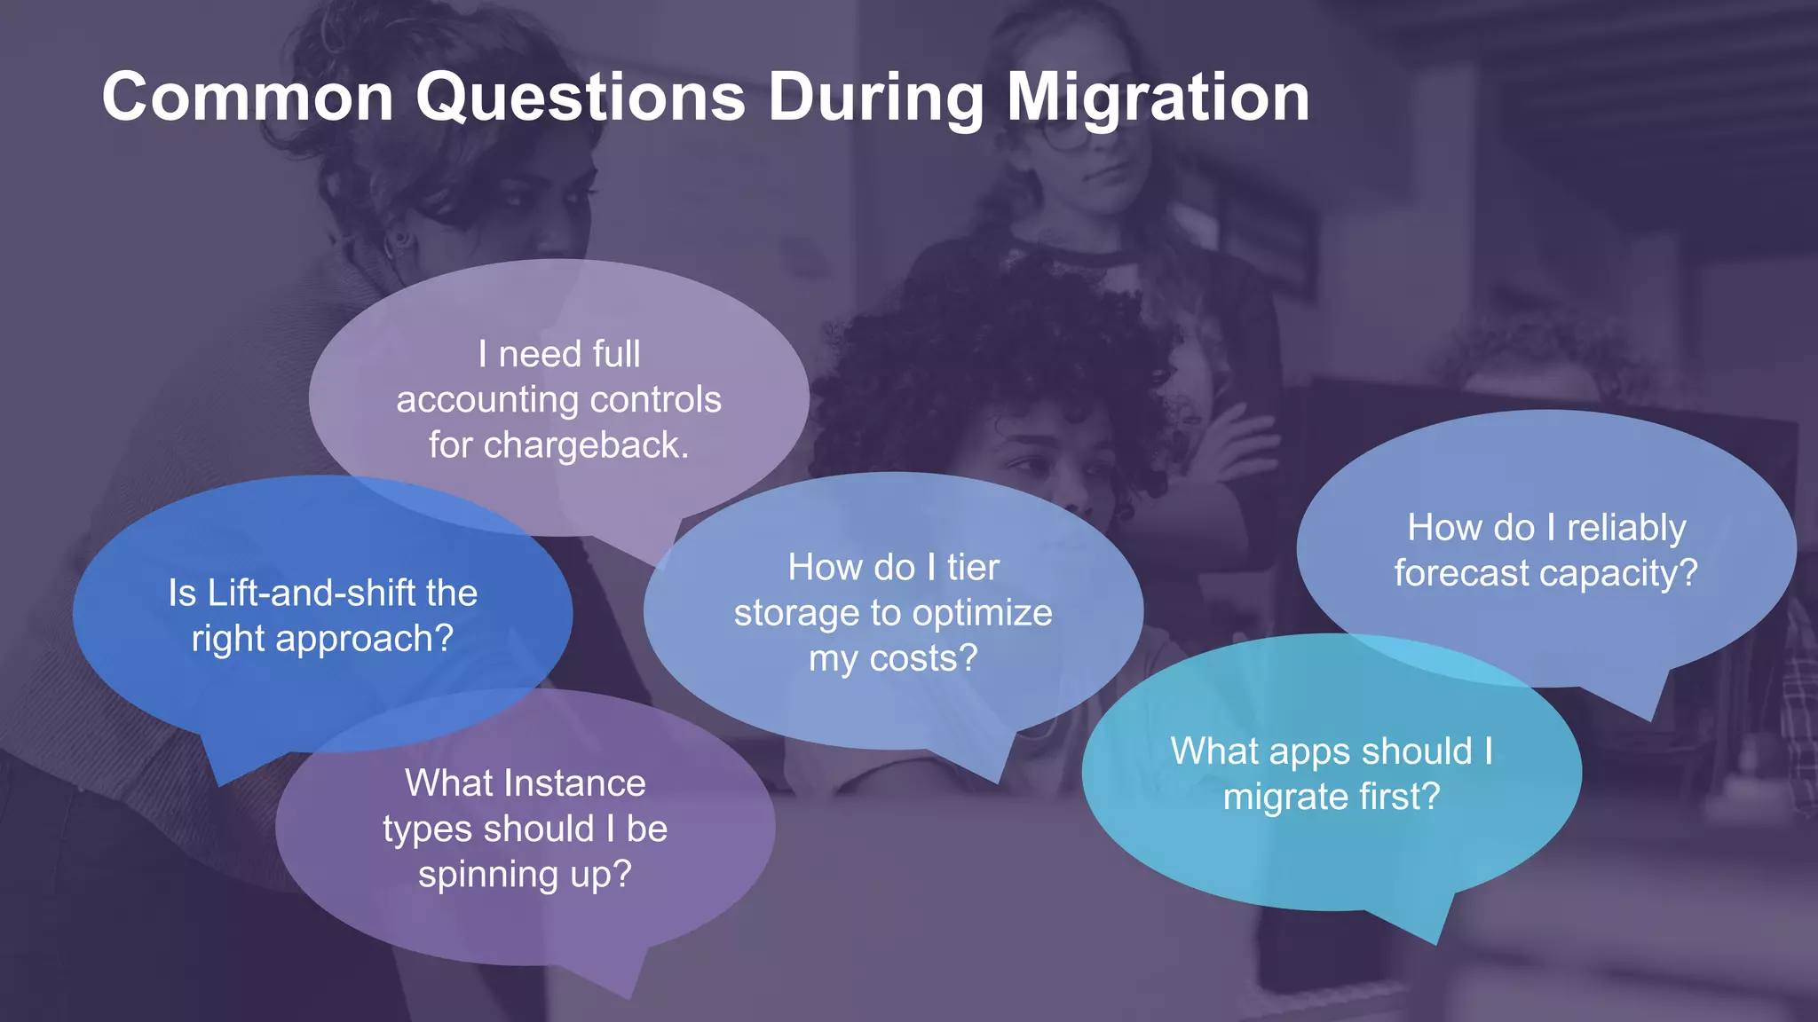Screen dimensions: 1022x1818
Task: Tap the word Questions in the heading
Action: (x=581, y=98)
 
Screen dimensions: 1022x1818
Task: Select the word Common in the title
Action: (x=248, y=98)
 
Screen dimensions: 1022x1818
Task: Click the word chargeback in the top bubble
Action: (x=585, y=445)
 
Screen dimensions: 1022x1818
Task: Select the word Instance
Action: (x=582, y=784)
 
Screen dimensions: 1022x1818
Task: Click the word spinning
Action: (x=487, y=875)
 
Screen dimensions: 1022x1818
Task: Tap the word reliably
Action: (x=1625, y=529)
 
